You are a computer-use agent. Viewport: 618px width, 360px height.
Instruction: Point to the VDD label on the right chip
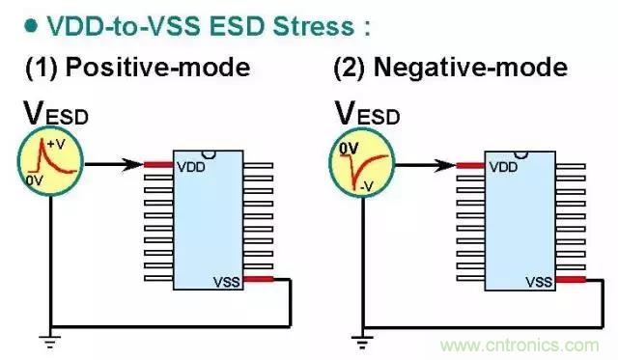(503, 166)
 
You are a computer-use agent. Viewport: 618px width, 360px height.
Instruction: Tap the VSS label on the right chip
(540, 283)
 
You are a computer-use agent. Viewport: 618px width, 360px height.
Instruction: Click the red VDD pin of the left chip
(158, 165)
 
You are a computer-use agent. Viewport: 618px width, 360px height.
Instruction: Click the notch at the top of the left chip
(209, 152)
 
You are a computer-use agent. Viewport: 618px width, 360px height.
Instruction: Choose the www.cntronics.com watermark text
(530, 344)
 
